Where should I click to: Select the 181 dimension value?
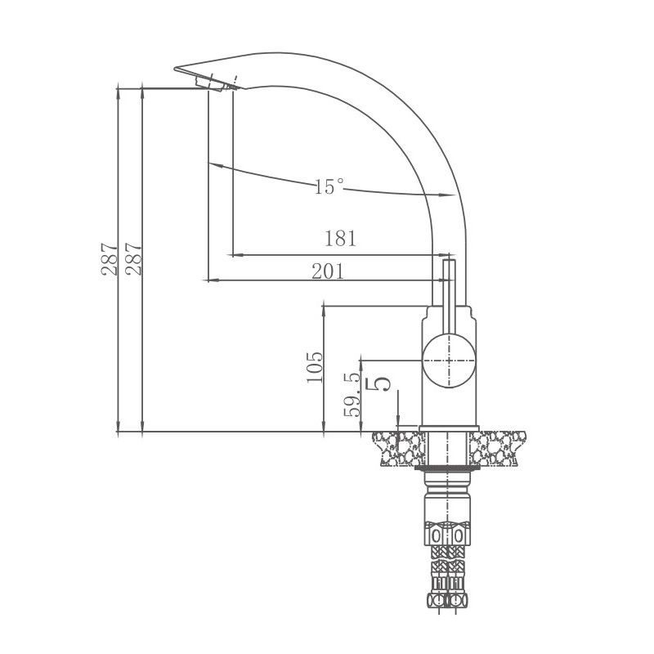[341, 239]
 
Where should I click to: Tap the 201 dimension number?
[328, 272]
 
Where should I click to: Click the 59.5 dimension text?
[353, 395]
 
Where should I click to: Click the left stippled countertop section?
[396, 449]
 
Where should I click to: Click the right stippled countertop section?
[498, 449]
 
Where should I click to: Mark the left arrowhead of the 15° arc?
[214, 165]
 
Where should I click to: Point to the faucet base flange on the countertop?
[447, 429]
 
